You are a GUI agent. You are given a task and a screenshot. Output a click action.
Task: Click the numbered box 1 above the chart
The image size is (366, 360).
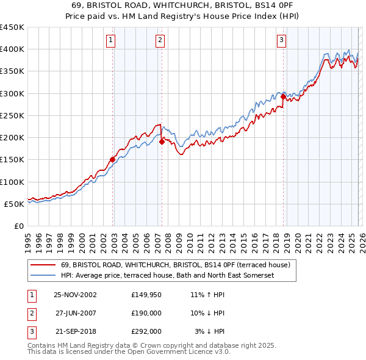(111, 41)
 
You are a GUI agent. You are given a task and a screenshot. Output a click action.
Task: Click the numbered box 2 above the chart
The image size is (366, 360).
(160, 41)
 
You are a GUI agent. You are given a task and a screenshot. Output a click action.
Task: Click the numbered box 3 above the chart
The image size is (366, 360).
(282, 41)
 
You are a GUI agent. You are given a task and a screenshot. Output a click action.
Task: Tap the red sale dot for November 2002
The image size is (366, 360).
(113, 160)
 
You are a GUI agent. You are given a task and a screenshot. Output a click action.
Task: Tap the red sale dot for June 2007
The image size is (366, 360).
(162, 142)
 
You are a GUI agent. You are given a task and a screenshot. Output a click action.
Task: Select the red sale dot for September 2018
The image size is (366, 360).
(284, 97)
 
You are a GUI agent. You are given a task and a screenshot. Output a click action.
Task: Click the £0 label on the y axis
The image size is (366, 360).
(18, 226)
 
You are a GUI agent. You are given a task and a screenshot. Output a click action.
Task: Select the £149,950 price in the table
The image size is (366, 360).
(146, 295)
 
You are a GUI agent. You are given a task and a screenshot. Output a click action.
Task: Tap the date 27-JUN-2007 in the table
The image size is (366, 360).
(76, 313)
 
